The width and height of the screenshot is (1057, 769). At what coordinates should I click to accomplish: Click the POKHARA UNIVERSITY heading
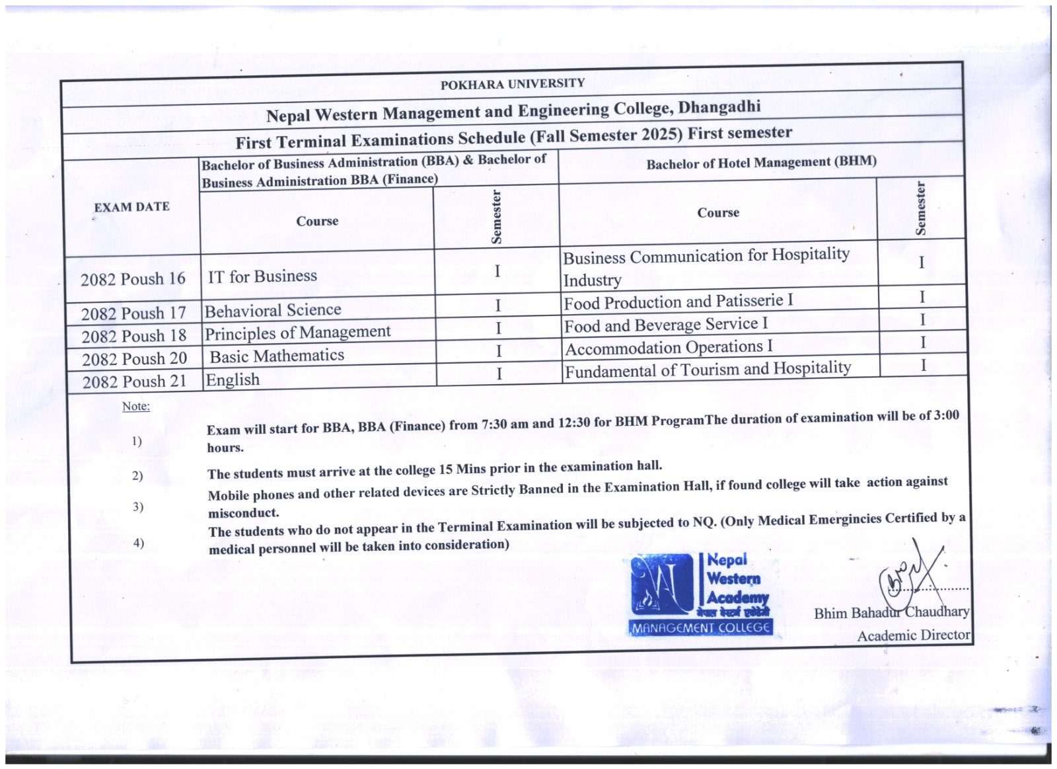(512, 84)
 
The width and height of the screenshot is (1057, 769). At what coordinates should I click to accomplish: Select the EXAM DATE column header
(131, 207)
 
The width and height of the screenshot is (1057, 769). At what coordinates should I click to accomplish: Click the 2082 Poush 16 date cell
(133, 279)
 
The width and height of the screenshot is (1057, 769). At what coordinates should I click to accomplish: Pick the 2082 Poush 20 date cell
(134, 359)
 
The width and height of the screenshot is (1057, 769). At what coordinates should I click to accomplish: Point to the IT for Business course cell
(262, 276)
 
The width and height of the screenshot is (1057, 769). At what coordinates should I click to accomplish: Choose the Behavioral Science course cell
(273, 310)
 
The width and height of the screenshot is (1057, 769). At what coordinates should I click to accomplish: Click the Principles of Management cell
(297, 333)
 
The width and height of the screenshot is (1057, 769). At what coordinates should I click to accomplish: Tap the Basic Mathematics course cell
(277, 356)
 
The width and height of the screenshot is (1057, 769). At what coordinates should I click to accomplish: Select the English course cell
(233, 380)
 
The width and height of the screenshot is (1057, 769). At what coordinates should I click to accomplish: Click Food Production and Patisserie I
(678, 302)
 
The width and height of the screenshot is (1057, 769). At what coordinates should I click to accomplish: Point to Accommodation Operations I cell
(668, 347)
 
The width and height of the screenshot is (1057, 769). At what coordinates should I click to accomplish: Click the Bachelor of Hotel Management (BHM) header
(761, 163)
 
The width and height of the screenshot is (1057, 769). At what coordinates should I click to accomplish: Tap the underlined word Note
(136, 406)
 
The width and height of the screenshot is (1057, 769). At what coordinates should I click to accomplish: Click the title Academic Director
(913, 635)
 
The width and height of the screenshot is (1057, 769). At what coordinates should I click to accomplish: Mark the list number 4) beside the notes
(138, 543)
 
